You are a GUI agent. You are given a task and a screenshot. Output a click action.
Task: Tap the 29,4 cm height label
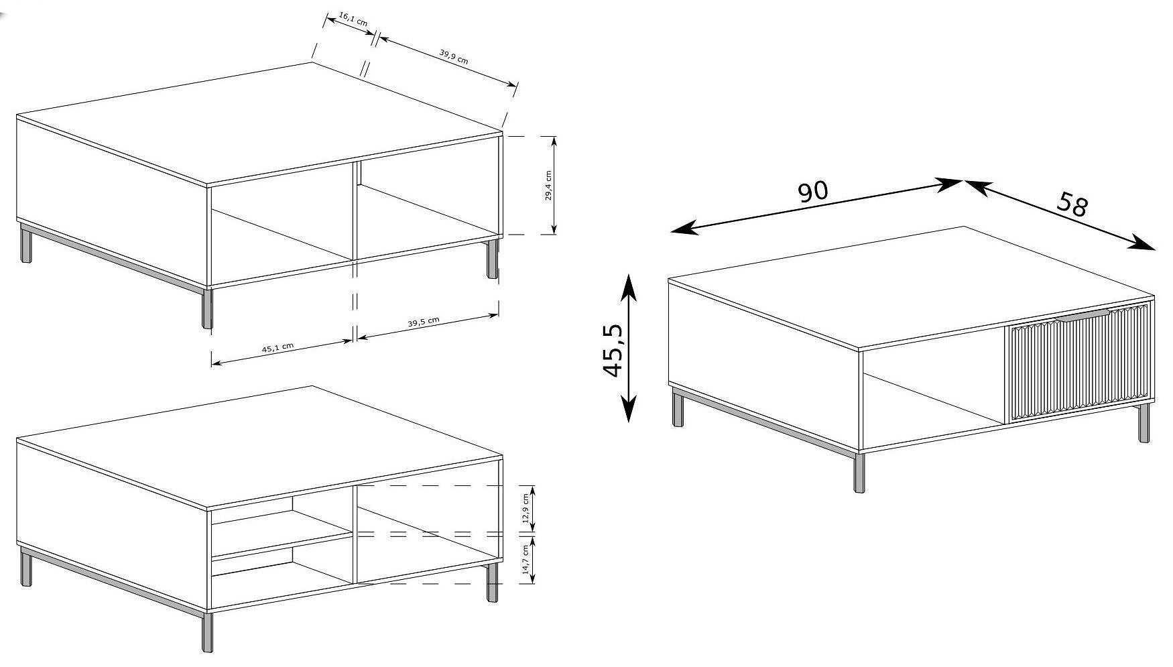pyautogui.click(x=548, y=186)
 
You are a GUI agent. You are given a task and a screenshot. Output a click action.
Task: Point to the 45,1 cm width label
pyautogui.click(x=278, y=347)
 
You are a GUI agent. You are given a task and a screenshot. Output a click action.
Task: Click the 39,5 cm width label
pyautogui.click(x=424, y=322)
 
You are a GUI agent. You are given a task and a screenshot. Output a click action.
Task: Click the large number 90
pyautogui.click(x=813, y=192)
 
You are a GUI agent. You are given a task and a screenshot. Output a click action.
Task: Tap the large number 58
pyautogui.click(x=1072, y=204)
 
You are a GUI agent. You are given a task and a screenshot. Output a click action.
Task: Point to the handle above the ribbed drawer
pyautogui.click(x=1083, y=315)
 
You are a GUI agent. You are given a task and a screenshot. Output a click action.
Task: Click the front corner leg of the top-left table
pyautogui.click(x=207, y=308)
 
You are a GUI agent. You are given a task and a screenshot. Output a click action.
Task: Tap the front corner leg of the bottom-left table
pyautogui.click(x=207, y=630)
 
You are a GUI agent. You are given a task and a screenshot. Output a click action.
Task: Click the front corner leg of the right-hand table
pyautogui.click(x=859, y=473)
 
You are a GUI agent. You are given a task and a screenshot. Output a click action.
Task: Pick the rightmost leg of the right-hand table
pyautogui.click(x=1144, y=423)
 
